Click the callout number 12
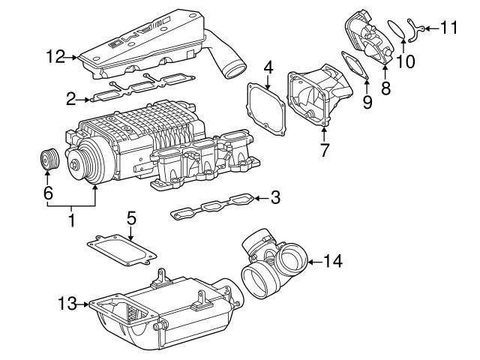[x=55, y=57]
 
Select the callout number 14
[x=332, y=262]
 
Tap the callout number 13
[x=67, y=304]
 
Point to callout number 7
[x=324, y=150]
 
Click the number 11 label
[x=448, y=28]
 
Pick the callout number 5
[x=131, y=218]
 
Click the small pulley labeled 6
[x=49, y=159]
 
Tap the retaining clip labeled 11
[x=415, y=30]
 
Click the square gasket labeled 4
[x=265, y=109]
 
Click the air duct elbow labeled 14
[x=273, y=262]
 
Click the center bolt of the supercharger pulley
[x=74, y=164]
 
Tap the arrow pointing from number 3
[x=261, y=198]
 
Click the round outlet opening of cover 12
[x=235, y=70]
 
